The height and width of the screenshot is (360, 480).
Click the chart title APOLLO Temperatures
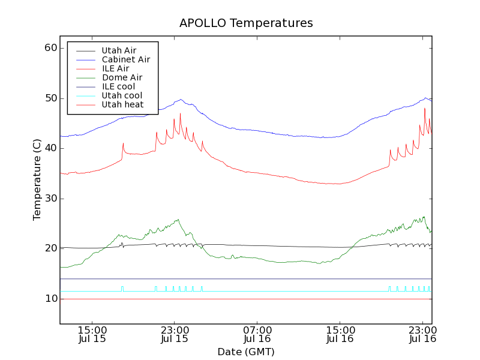pyautogui.click(x=246, y=23)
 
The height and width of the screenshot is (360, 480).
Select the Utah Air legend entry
pyautogui.click(x=119, y=50)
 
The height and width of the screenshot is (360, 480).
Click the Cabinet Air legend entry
pyautogui.click(x=125, y=59)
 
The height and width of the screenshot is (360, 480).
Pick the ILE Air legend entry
pyautogui.click(x=115, y=68)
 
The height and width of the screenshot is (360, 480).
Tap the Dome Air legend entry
pyautogui.click(x=122, y=77)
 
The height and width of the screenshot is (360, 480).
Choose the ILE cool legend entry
pyautogui.click(x=118, y=86)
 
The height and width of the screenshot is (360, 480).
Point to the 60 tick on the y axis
pyautogui.click(x=50, y=48)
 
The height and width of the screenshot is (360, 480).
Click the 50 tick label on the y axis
pyautogui.click(x=50, y=98)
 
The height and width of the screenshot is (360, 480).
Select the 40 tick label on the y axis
pyautogui.click(x=50, y=148)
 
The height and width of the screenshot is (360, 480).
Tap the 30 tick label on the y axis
pyautogui.click(x=50, y=199)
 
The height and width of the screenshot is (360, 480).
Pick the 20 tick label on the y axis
pyautogui.click(x=50, y=248)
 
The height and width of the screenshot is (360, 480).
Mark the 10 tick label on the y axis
pyautogui.click(x=50, y=299)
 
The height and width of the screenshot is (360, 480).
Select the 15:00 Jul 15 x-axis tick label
pyautogui.click(x=92, y=334)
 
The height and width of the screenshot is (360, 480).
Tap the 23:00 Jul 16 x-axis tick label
pyautogui.click(x=422, y=334)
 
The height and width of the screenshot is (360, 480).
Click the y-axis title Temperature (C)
pyautogui.click(x=37, y=180)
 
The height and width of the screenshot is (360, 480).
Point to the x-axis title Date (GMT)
pyautogui.click(x=246, y=352)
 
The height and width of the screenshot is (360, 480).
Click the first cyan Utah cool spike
pyautogui.click(x=122, y=289)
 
